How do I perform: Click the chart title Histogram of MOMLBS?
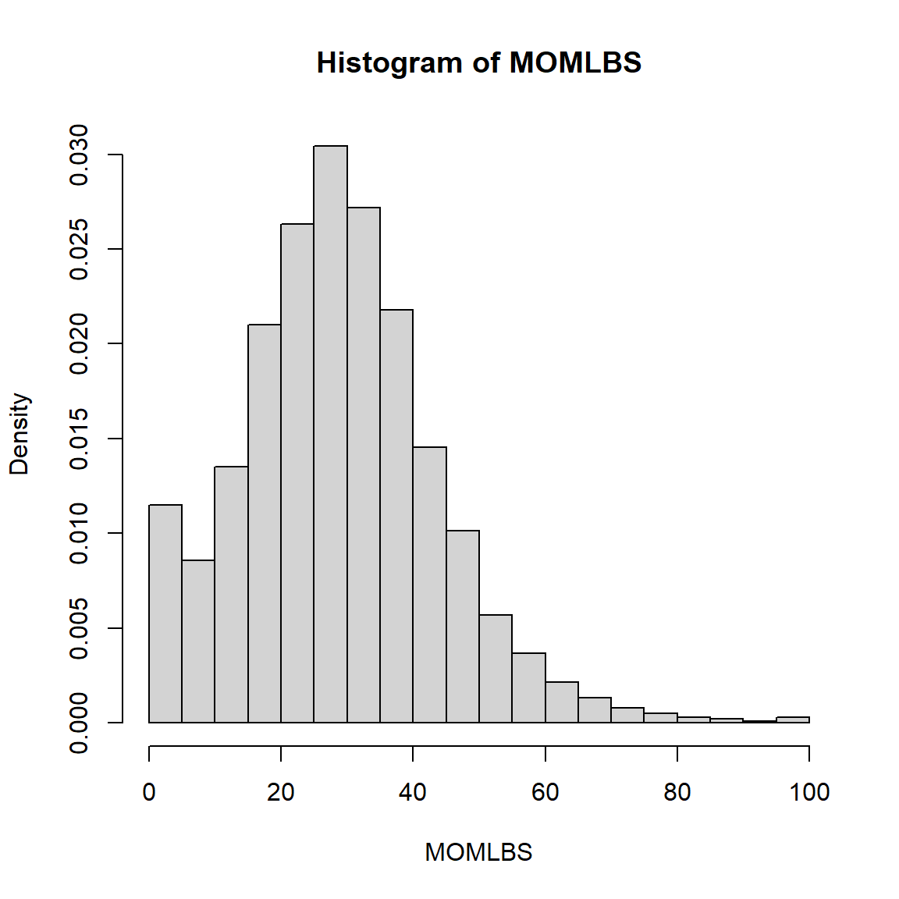pos(478,62)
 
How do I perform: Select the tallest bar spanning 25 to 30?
pos(331,434)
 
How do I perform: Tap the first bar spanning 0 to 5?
pos(165,613)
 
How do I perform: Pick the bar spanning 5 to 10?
pos(198,641)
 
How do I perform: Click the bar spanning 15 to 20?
pos(265,523)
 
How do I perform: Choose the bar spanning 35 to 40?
pos(396,516)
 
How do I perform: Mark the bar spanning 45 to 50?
pos(463,627)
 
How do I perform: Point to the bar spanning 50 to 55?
pos(496,669)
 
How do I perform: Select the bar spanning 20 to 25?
pos(297,473)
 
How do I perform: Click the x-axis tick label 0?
pos(149,792)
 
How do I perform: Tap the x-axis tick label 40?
pos(413,792)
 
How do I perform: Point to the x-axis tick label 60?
pos(545,792)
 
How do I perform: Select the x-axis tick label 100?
pos(809,792)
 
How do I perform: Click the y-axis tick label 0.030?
pos(79,155)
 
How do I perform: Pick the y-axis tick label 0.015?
pos(79,439)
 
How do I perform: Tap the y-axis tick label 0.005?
pos(79,628)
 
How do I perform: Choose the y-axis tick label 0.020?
pos(79,344)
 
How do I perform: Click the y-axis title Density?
pos(20,434)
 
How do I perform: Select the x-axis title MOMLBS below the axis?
pos(478,852)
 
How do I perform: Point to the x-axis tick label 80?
pos(677,792)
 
